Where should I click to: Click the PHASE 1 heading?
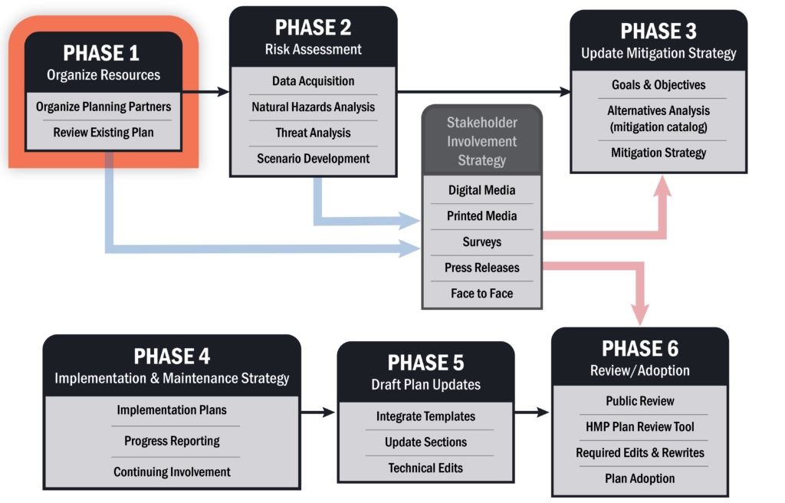[x=103, y=53]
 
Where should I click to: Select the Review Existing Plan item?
[x=103, y=133]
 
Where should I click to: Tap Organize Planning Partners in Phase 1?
[x=103, y=107]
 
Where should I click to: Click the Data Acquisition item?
[x=313, y=81]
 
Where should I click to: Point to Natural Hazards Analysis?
[x=313, y=107]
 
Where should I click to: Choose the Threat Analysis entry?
[x=313, y=133]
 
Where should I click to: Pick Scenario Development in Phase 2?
[x=313, y=159]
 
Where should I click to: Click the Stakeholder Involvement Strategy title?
[x=481, y=141]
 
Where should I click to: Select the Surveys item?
[x=481, y=242]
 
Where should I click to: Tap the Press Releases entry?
[x=481, y=268]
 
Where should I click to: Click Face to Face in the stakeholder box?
[x=481, y=294]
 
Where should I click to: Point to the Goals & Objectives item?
[x=658, y=84]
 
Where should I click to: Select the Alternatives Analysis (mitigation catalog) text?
[x=658, y=118]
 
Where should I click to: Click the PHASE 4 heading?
[x=172, y=357]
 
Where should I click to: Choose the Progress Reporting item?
[x=172, y=441]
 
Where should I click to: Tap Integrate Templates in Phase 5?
[x=425, y=416]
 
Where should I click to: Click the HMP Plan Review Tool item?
[x=639, y=426]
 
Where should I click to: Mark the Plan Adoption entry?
[x=639, y=478]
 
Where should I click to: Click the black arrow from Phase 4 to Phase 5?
[x=317, y=413]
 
